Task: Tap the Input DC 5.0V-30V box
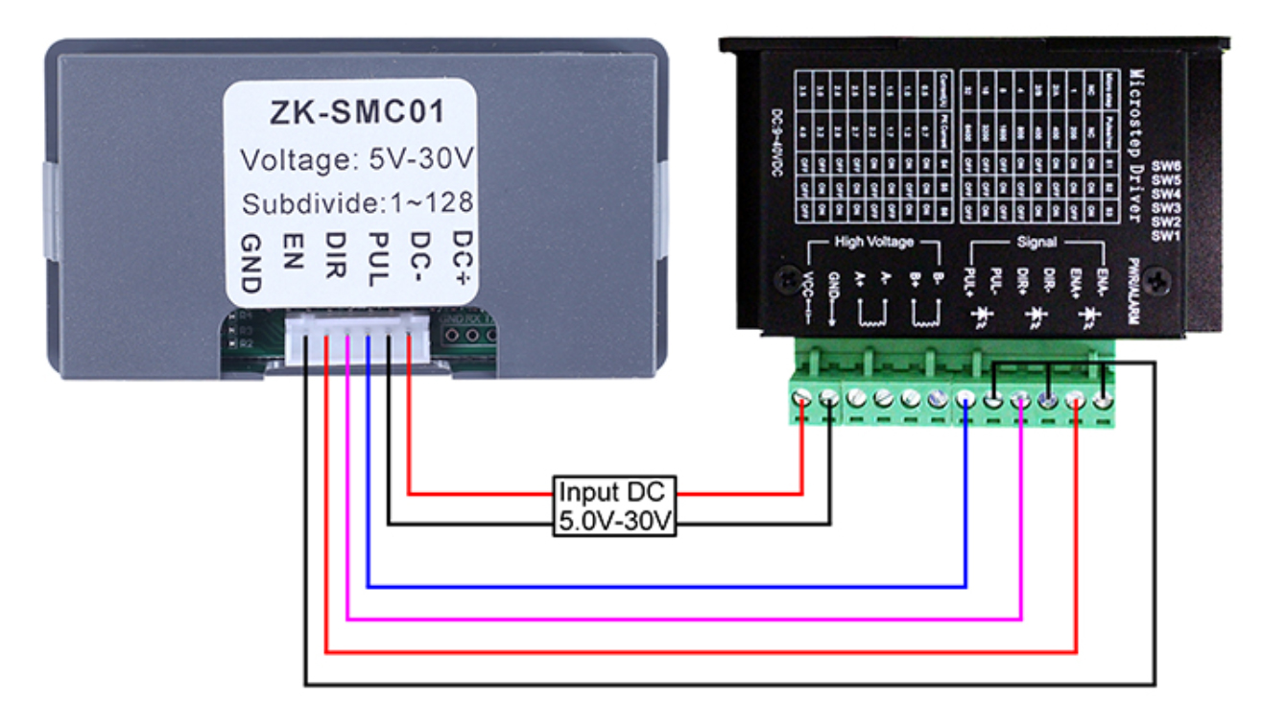point(614,505)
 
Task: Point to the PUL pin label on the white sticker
point(377,258)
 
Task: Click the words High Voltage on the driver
point(874,243)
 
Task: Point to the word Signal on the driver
point(1037,243)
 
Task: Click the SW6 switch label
point(1165,166)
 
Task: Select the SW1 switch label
point(1165,235)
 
